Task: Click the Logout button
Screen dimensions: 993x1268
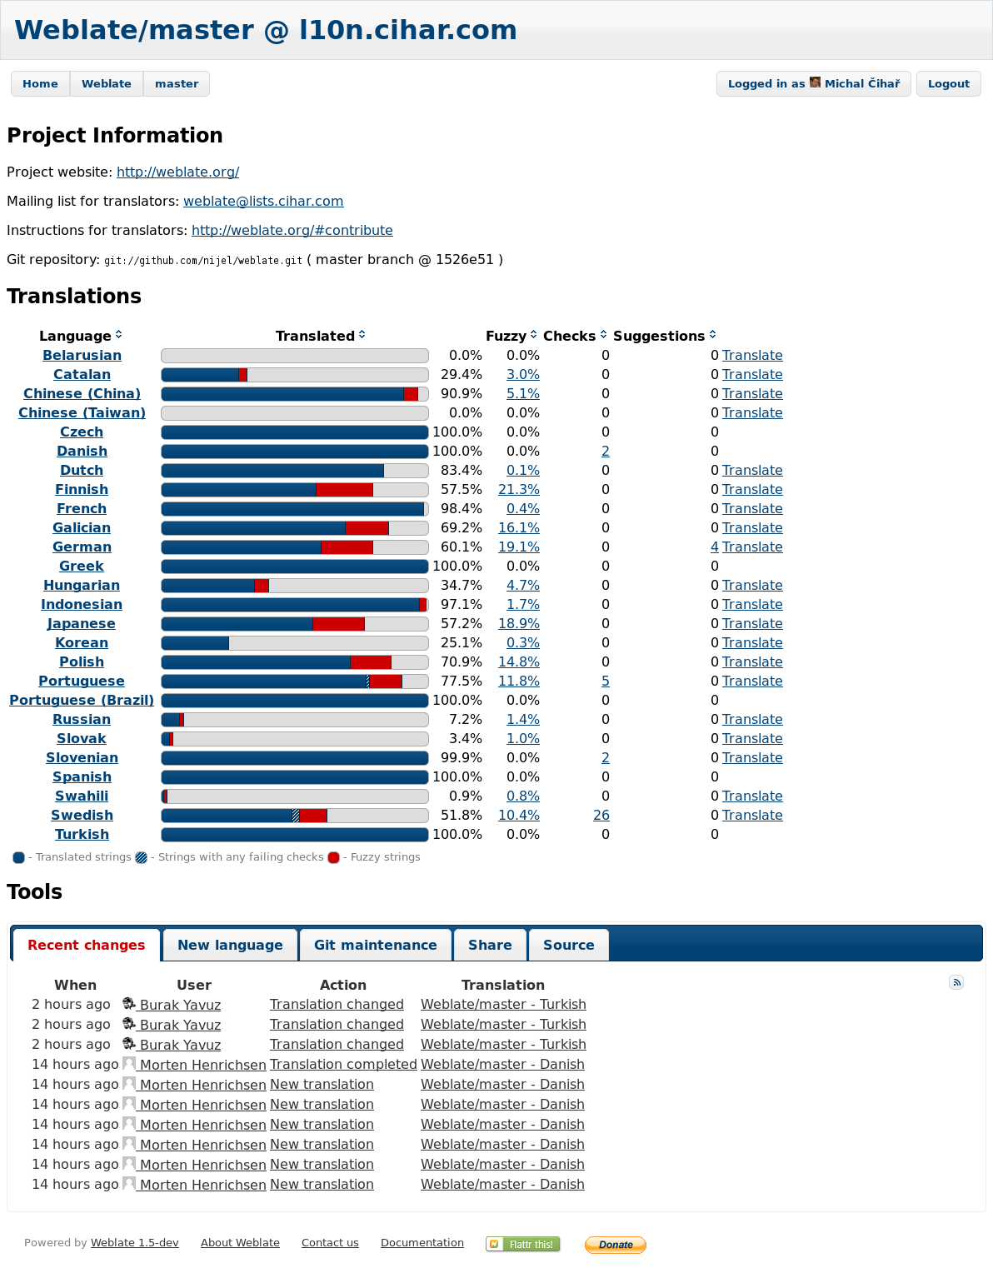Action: click(x=948, y=84)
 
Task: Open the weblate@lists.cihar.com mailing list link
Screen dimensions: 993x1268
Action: click(x=263, y=202)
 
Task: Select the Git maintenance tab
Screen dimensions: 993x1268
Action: click(x=375, y=945)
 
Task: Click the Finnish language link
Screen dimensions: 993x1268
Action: click(x=82, y=490)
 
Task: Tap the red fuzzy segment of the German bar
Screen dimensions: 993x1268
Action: click(x=347, y=547)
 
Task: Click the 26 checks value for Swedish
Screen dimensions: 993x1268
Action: click(x=601, y=815)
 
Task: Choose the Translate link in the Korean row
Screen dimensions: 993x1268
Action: click(x=752, y=643)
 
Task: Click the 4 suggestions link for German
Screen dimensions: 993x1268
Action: click(x=714, y=547)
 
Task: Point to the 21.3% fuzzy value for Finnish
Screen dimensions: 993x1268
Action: click(x=519, y=490)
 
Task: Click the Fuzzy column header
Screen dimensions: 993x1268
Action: click(x=506, y=336)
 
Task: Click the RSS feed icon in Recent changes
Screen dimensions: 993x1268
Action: click(x=956, y=982)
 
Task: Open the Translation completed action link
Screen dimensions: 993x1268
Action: click(x=343, y=1065)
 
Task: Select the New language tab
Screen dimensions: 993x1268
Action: click(x=230, y=945)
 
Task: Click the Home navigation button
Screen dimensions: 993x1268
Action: click(x=40, y=84)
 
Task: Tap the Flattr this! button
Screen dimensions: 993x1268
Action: click(x=523, y=1244)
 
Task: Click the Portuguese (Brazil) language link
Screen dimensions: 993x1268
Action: click(x=82, y=700)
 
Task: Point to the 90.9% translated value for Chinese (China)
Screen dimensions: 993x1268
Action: click(x=461, y=394)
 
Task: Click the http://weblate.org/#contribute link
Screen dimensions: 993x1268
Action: click(x=292, y=231)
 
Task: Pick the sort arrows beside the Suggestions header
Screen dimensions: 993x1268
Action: click(x=712, y=335)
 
